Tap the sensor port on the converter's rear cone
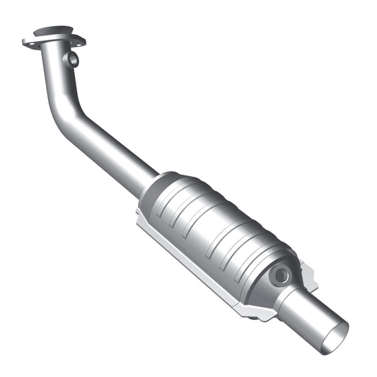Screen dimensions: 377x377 pyautogui.click(x=282, y=273)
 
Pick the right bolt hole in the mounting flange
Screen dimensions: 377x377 pyautogui.click(x=79, y=42)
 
